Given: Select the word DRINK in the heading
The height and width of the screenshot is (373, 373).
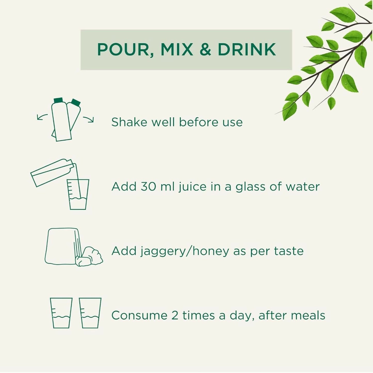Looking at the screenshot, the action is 247,50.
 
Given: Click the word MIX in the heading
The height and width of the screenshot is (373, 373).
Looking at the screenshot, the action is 177,50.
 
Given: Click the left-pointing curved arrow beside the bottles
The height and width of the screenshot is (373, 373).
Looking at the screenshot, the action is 42,117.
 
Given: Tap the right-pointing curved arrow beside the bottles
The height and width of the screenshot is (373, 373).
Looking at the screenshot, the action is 89,120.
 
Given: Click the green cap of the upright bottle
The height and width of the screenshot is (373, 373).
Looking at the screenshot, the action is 58,100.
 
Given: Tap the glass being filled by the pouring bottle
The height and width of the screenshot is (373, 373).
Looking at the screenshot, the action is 78,194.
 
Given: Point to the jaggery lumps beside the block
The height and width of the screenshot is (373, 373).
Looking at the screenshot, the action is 89,257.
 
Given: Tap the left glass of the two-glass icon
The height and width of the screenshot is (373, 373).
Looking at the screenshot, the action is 61,313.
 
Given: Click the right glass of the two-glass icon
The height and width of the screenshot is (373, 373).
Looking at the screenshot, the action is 90,313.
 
